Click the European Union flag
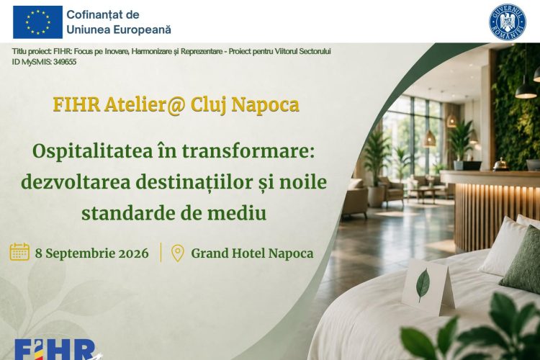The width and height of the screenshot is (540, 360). click(38, 22)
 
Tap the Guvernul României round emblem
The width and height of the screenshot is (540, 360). click(508, 22)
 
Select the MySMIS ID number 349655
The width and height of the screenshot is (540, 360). click(65, 62)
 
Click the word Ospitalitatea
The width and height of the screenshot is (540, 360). click(93, 152)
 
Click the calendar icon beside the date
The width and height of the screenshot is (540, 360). click(19, 251)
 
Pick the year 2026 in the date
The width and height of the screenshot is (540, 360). click(134, 253)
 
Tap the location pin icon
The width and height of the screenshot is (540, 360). click(178, 253)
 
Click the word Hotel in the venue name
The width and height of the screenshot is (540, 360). click(248, 253)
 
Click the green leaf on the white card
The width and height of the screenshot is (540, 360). click(423, 285)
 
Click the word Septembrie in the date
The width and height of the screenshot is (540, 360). click(80, 253)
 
